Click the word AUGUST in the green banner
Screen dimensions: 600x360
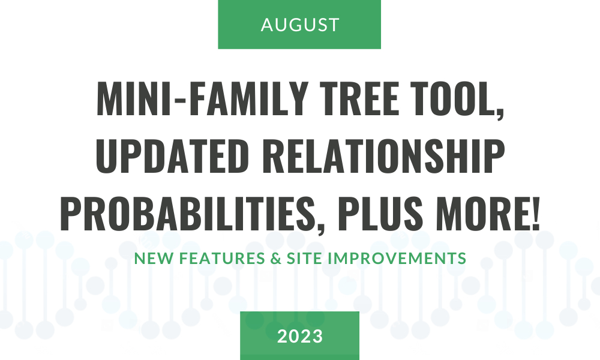coord(300,25)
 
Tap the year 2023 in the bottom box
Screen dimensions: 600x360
coord(300,336)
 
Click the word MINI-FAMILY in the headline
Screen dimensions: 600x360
coord(202,98)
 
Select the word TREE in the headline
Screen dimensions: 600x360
coord(359,98)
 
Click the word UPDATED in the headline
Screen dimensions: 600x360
coord(173,156)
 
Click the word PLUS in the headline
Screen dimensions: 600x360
coord(380,214)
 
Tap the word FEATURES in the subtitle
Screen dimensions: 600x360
coord(222,258)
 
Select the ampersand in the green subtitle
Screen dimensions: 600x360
coord(276,258)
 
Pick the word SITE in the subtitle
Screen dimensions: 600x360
coord(305,258)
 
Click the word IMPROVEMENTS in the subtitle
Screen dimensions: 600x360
coord(397,258)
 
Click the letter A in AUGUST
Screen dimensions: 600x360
coord(267,25)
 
